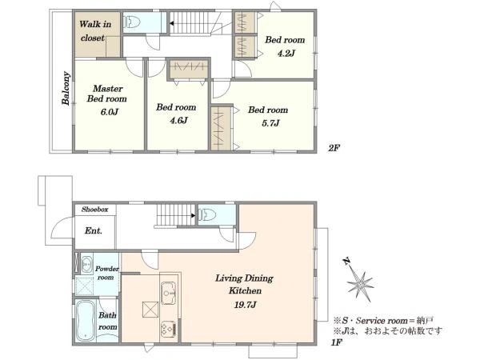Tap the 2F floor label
334,148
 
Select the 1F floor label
336,342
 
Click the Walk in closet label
94,31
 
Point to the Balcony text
66,89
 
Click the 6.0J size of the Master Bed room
110,112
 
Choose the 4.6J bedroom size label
178,120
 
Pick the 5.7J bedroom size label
270,123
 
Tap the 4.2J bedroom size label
286,54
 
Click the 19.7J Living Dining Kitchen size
245,305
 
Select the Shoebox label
94,210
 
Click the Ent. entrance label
94,230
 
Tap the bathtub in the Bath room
85,321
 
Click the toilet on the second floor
132,22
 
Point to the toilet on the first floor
207,214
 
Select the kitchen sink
168,294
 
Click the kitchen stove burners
168,330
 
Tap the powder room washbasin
86,263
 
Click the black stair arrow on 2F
172,23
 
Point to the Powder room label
106,273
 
